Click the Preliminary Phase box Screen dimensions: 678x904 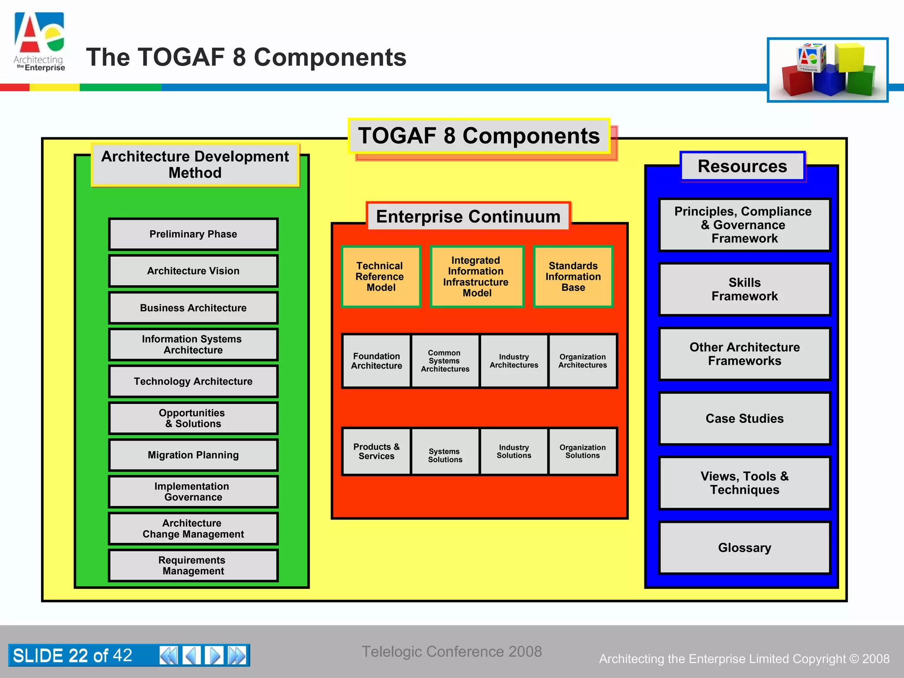click(x=193, y=234)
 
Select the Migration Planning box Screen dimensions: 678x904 click(x=193, y=455)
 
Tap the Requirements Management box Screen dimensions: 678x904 click(x=193, y=565)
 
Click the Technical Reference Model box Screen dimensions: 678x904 click(x=380, y=277)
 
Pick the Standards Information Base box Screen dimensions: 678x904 click(x=573, y=277)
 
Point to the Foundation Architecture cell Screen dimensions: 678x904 click(x=377, y=361)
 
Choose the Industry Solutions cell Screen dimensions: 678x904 click(x=514, y=452)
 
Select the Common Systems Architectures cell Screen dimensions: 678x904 click(x=445, y=361)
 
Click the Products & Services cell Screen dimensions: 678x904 click(x=377, y=452)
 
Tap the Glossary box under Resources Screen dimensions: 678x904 click(x=744, y=548)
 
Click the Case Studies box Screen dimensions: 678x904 click(x=744, y=418)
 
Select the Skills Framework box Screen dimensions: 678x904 click(x=744, y=289)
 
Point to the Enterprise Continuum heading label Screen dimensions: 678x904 click(x=468, y=217)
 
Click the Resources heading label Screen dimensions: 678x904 click(x=742, y=166)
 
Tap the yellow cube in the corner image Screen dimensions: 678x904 click(x=848, y=57)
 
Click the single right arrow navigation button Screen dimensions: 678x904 click(x=214, y=655)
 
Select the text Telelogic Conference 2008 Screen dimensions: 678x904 click(x=452, y=652)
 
